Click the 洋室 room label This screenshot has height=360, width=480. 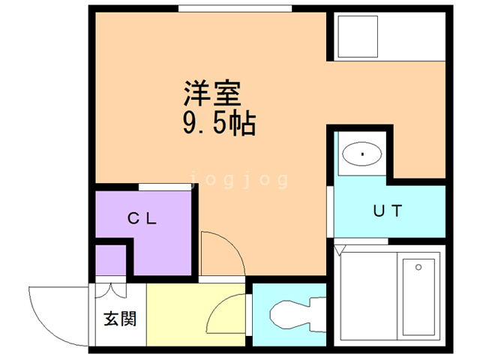tap(212, 93)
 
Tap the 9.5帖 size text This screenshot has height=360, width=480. tap(219, 123)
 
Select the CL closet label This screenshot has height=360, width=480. tap(142, 218)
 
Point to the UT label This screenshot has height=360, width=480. tap(387, 211)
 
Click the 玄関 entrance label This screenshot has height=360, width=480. tap(120, 319)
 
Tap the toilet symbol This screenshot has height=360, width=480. tap(298, 315)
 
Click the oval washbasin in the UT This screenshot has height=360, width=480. tap(361, 154)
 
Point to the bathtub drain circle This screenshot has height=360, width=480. tap(418, 267)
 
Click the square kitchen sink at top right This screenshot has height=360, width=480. tap(358, 37)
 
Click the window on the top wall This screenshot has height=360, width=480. tap(235, 8)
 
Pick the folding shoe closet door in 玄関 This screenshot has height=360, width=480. tap(110, 290)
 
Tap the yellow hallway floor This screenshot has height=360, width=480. tap(196, 315)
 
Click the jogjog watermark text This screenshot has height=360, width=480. tap(239, 180)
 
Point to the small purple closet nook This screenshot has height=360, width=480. tap(110, 260)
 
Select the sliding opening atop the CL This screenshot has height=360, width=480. tap(165, 187)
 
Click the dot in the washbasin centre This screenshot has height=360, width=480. tap(362, 154)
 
